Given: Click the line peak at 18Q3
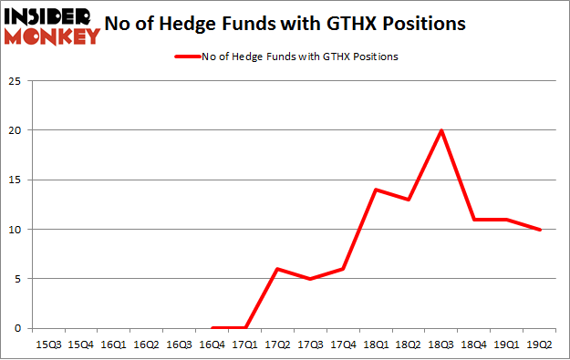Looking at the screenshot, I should tap(441, 130).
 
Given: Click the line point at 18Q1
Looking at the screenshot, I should tap(376, 190).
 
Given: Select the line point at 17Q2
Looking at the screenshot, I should tap(278, 269).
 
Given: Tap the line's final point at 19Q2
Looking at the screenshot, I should tap(539, 229).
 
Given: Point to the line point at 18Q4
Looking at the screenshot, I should tap(474, 220).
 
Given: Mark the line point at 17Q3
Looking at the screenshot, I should tap(311, 279).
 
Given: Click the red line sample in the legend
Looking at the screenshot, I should tap(187, 56).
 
